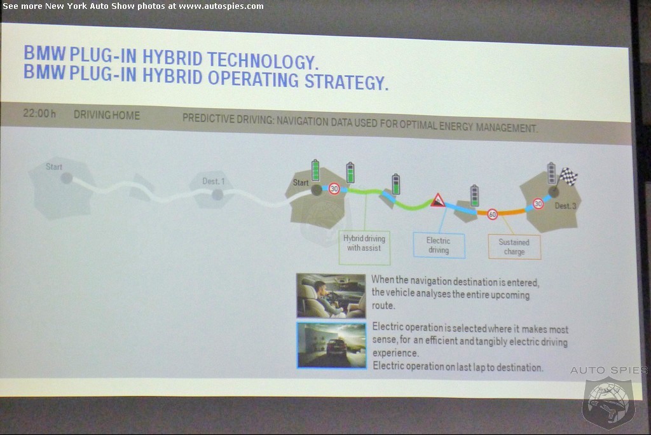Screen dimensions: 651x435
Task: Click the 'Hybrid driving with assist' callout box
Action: [x=364, y=247]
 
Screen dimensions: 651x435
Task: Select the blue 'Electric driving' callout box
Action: [x=439, y=245]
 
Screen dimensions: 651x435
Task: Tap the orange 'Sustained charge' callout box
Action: [x=514, y=247]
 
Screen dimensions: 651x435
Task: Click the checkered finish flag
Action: [x=568, y=176]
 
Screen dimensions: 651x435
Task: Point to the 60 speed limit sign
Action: [x=493, y=214]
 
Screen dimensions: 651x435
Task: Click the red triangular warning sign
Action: [x=437, y=200]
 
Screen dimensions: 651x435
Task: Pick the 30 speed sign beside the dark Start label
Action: [x=334, y=189]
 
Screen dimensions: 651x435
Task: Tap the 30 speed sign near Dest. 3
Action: [x=538, y=204]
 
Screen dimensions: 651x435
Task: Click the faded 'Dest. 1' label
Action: [x=214, y=181]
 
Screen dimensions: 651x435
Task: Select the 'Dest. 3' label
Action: [x=565, y=205]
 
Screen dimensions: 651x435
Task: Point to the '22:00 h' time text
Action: [x=39, y=113]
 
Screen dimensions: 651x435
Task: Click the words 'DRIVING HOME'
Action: [x=107, y=115]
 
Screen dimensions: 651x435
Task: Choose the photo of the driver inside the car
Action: [x=331, y=295]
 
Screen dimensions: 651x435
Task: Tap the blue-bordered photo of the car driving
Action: [x=331, y=345]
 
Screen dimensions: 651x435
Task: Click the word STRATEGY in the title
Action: [x=346, y=81]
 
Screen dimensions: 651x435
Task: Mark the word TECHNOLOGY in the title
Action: [x=263, y=60]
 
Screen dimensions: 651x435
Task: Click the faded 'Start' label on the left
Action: [x=54, y=167]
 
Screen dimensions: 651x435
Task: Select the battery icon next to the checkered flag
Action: [x=551, y=173]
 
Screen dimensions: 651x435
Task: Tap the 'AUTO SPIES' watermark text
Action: [x=609, y=369]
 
